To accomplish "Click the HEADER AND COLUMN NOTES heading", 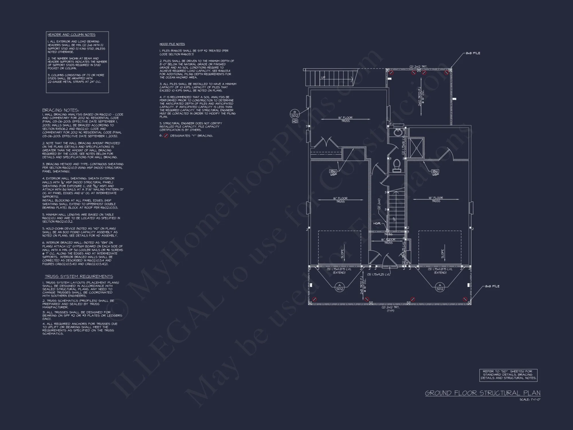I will pos(72,35).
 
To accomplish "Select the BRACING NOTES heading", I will pos(61,110).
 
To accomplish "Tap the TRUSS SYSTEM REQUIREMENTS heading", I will pos(79,276).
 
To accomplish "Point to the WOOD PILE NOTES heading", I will pos(172,44).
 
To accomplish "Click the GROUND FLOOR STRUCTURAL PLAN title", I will pos(482,393).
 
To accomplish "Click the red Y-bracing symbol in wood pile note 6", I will pos(166,136).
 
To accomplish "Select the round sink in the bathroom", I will pos(398,132).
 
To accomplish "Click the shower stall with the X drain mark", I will pos(416,148).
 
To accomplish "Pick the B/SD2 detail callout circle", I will pos(295,114).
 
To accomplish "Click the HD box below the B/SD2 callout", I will pos(295,121).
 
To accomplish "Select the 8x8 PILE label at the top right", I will pos(473,53).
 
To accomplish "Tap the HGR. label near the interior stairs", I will pos(377,223).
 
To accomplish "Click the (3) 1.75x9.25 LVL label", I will pos(379,274).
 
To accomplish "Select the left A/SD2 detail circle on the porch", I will pos(340,287).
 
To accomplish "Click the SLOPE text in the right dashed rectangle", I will pos(443,253).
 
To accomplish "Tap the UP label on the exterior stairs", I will pos(323,77).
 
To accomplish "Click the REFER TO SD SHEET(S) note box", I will pos(508,375).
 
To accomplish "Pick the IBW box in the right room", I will pos(435,171).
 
